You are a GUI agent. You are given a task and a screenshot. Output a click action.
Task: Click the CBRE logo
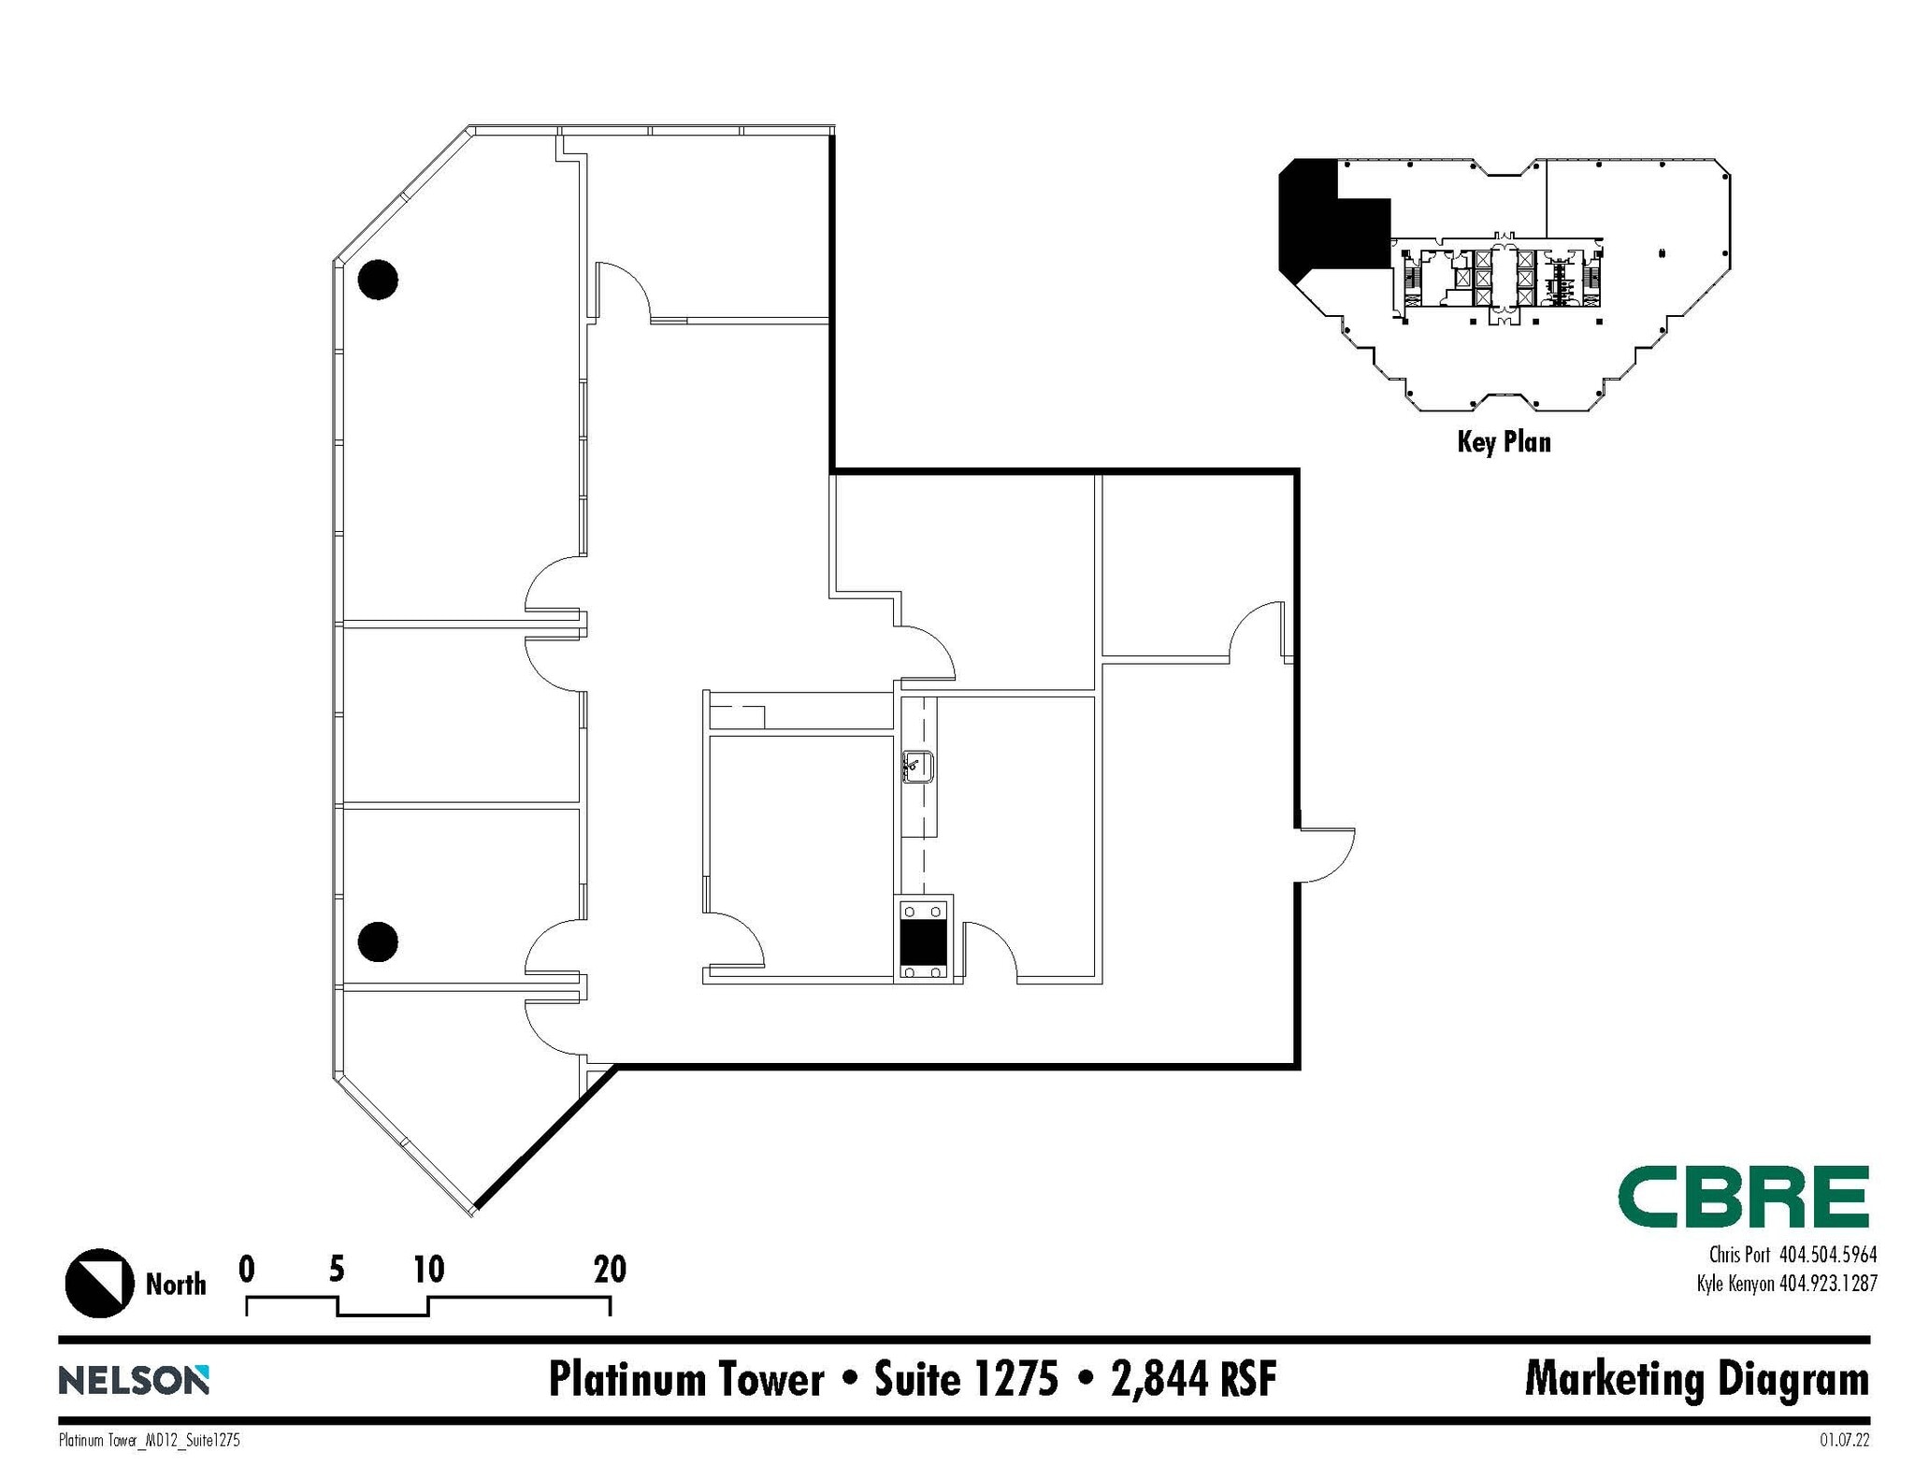1743,1196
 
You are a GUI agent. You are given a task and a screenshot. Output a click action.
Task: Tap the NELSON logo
134,1380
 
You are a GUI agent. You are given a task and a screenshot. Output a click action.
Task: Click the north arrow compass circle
99,1283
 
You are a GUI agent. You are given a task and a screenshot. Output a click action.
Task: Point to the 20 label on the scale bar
610,1269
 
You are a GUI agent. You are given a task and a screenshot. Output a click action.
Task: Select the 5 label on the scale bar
337,1269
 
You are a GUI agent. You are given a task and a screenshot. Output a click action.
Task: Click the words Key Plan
1504,441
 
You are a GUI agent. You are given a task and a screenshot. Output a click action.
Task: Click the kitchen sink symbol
917,768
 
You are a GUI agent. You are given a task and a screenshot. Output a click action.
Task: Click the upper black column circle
378,279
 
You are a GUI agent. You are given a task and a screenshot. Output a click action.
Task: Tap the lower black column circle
378,941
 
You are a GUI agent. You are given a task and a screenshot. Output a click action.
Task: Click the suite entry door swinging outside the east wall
1326,854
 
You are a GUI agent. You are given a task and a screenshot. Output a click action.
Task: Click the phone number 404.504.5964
1827,1255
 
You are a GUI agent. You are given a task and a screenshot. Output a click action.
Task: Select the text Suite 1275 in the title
966,1379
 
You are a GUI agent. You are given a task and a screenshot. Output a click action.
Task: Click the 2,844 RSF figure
1194,1379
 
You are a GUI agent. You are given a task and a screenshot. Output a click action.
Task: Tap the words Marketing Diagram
1696,1379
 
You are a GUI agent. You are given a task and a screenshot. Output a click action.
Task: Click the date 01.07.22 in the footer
1844,1441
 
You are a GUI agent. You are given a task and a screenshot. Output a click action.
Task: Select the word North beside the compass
176,1284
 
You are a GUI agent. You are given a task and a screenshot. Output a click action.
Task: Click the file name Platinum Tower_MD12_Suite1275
150,1441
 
